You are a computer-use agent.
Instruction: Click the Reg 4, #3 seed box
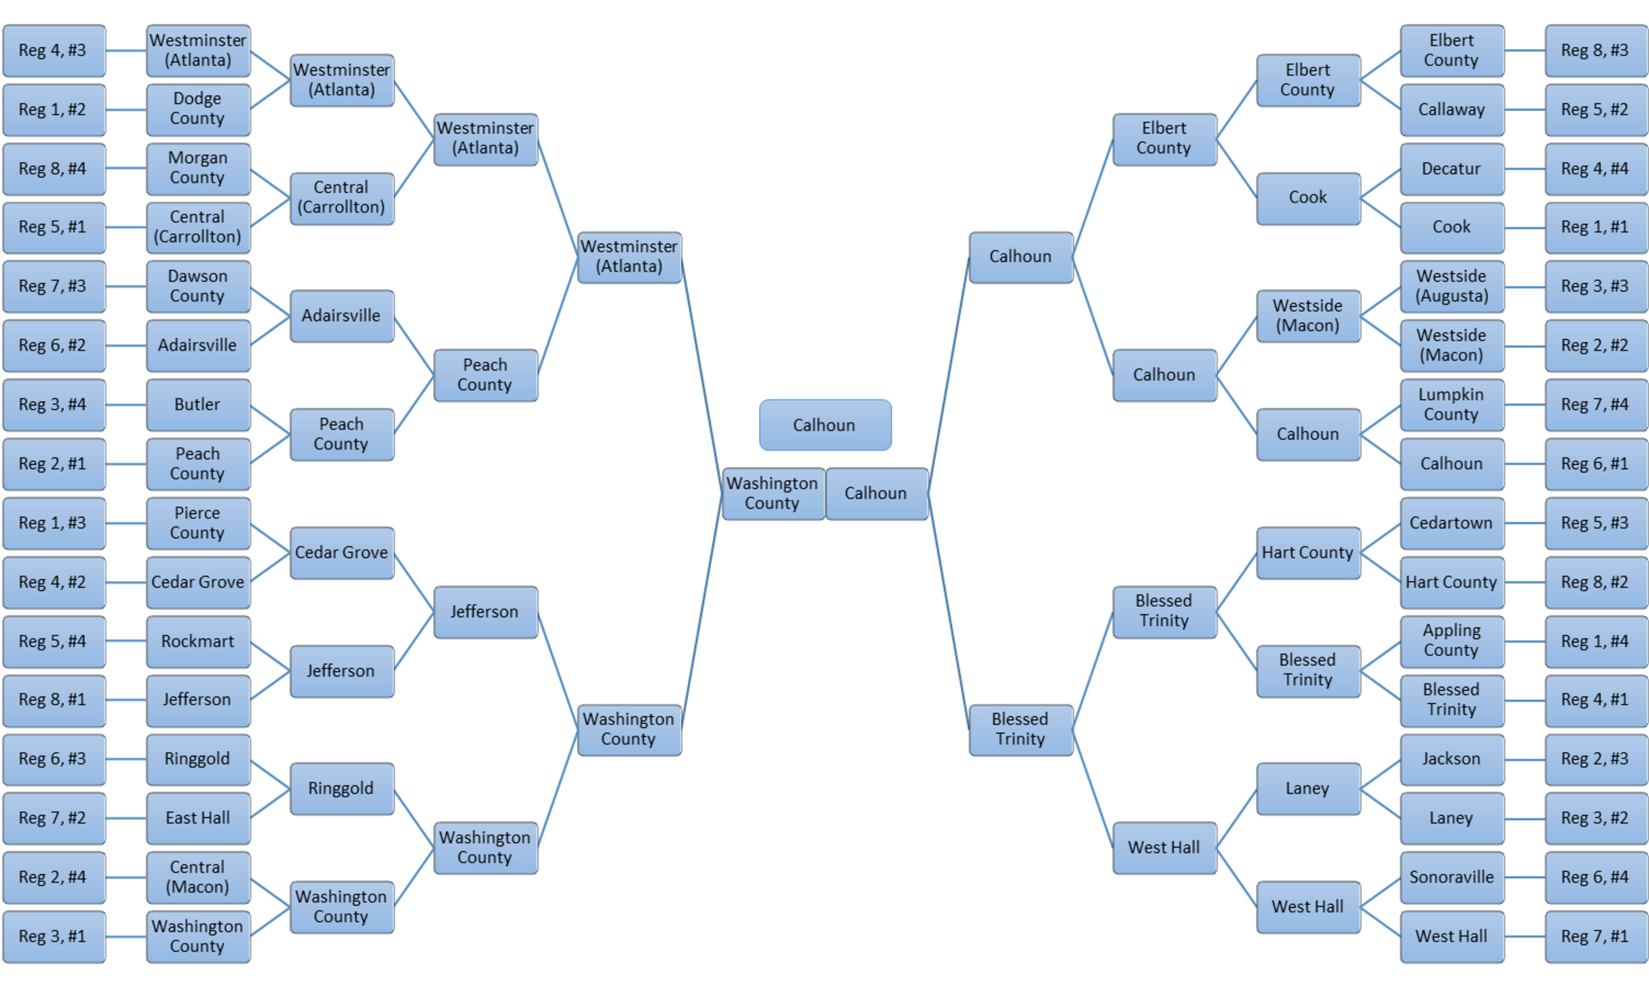tap(53, 51)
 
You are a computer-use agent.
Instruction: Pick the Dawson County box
tap(198, 286)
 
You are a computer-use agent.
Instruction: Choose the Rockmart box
tap(198, 642)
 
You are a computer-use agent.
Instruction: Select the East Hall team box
tap(198, 818)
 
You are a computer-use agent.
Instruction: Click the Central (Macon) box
tap(198, 877)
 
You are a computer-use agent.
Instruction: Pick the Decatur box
tap(1451, 169)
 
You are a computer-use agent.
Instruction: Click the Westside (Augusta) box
tap(1451, 286)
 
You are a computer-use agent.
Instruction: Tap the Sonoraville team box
tap(1451, 877)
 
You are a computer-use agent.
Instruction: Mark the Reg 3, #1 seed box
tap(53, 936)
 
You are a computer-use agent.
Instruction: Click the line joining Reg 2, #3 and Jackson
tap(1524, 759)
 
